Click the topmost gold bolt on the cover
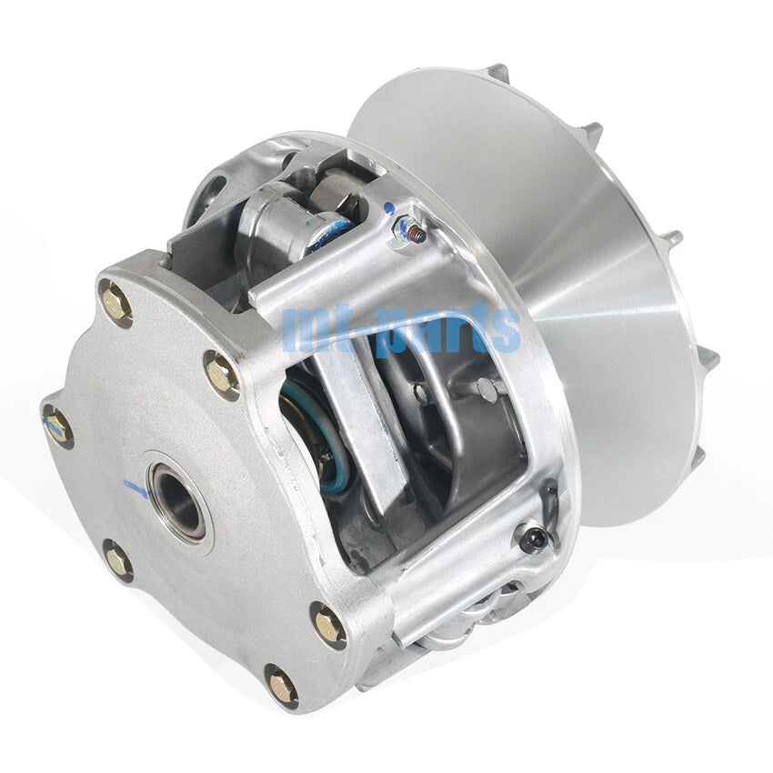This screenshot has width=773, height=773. click(115, 303)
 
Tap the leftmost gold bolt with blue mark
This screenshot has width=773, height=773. click(57, 426)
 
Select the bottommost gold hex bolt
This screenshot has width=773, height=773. click(282, 684)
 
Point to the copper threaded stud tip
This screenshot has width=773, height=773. click(417, 236)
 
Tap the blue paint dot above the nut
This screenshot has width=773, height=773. click(389, 208)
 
